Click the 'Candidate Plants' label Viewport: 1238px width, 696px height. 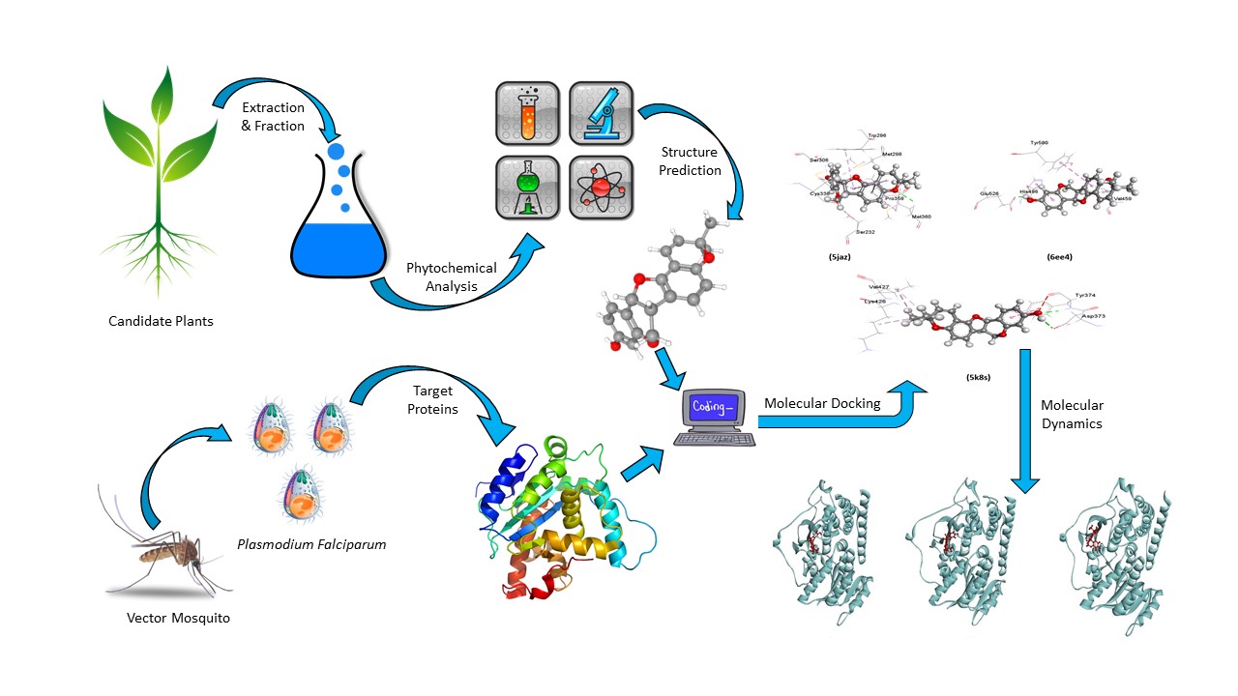(x=161, y=321)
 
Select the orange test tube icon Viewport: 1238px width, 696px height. (x=527, y=115)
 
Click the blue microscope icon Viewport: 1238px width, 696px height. (x=601, y=115)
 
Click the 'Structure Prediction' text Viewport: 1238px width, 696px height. (x=691, y=161)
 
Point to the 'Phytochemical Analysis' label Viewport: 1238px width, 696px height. (x=451, y=276)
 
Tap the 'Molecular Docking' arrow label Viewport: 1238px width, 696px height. (x=822, y=403)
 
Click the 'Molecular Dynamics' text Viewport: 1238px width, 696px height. (x=1072, y=415)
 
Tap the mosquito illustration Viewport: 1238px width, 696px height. (x=164, y=551)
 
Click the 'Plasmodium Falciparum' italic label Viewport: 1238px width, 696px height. (x=311, y=544)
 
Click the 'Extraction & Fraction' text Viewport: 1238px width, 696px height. (x=273, y=116)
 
